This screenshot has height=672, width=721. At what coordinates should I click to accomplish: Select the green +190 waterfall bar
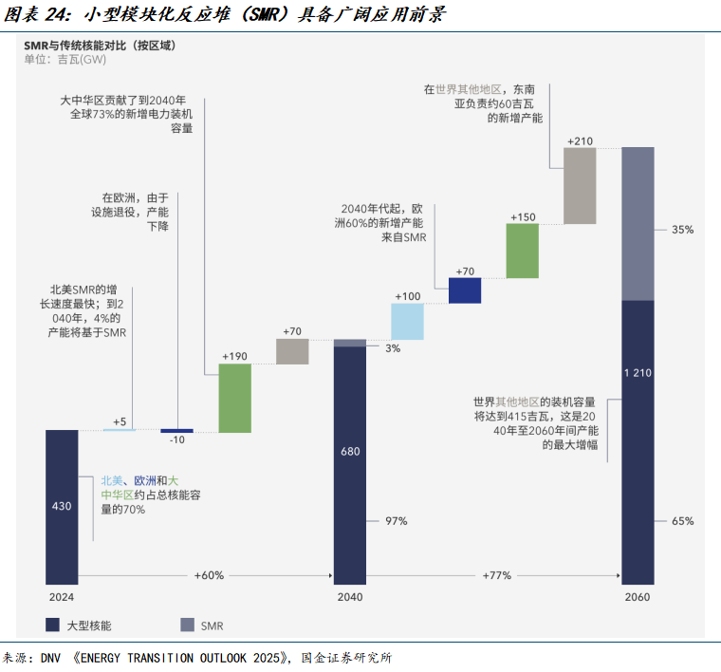[x=234, y=398]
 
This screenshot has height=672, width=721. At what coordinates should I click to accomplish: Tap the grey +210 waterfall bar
[x=580, y=186]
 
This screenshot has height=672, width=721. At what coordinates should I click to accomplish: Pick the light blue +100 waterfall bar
[x=407, y=321]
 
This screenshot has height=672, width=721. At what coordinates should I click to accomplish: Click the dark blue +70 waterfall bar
[x=465, y=289]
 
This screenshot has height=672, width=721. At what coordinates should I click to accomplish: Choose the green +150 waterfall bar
[x=522, y=251]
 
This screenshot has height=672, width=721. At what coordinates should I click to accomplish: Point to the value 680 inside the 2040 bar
[x=349, y=452]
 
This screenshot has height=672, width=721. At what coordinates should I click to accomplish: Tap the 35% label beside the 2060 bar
[x=683, y=230]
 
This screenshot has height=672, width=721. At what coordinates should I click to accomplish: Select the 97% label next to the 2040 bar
[x=396, y=521]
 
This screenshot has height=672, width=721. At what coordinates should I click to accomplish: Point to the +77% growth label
[x=496, y=575]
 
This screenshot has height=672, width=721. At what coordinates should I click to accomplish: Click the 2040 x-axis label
[x=349, y=598]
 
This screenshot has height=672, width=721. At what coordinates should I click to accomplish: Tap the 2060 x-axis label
[x=638, y=598]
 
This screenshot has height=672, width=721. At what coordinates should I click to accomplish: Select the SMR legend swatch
[x=187, y=625]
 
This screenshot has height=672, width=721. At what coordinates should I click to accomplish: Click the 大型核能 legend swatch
[x=53, y=625]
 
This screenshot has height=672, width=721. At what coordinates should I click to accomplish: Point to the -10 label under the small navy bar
[x=176, y=441]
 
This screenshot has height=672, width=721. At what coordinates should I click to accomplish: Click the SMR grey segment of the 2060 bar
[x=638, y=223]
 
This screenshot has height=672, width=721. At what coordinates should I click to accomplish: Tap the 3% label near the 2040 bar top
[x=393, y=348]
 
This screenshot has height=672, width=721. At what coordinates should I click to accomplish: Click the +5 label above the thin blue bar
[x=120, y=420]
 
